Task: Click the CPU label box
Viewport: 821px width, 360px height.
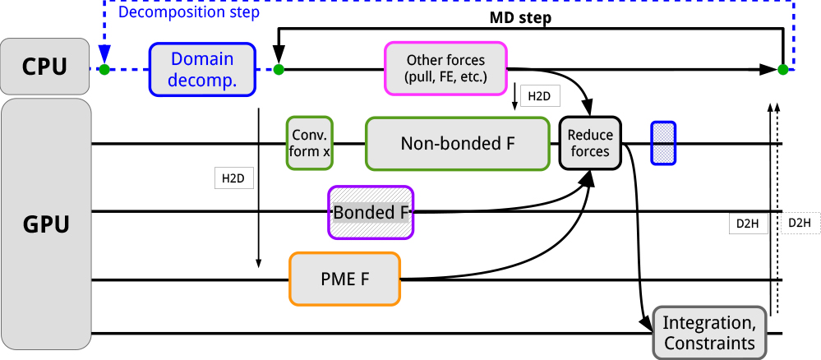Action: coord(45,66)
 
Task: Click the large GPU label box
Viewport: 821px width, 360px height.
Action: coord(45,224)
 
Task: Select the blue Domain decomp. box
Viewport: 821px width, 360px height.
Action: coord(202,69)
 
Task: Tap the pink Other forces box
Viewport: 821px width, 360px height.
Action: coord(445,69)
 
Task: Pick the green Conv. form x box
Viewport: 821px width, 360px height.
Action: coord(310,144)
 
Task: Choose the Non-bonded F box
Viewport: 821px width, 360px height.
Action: coord(457,144)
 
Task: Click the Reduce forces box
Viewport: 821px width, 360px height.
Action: coord(591,143)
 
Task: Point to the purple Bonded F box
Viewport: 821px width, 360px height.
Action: coord(371,212)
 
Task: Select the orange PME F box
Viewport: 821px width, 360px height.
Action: coord(344,279)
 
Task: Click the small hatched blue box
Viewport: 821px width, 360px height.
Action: coord(663,143)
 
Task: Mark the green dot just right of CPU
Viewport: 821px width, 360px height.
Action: coord(104,70)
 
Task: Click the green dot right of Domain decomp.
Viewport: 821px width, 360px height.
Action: coord(279,70)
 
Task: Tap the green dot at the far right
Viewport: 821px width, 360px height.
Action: coord(782,70)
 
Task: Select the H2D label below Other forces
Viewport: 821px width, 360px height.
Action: coord(539,96)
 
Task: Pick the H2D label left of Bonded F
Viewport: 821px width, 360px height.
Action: coord(233,178)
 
